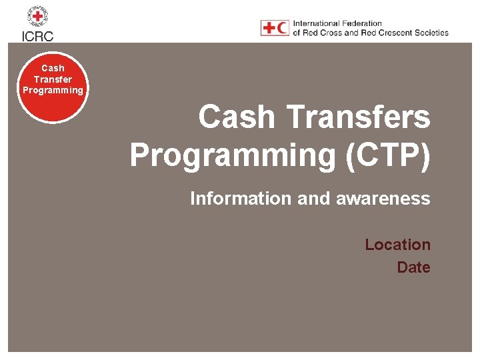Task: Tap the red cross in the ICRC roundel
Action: (x=37, y=15)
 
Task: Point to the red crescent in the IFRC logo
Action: (x=283, y=28)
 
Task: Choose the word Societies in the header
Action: (x=431, y=33)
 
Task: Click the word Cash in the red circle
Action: (x=53, y=68)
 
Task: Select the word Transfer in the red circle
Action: (x=53, y=79)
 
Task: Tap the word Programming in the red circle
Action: (x=53, y=90)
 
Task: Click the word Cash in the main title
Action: (x=237, y=117)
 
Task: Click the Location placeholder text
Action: (x=397, y=245)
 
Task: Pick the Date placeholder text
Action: (x=413, y=267)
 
